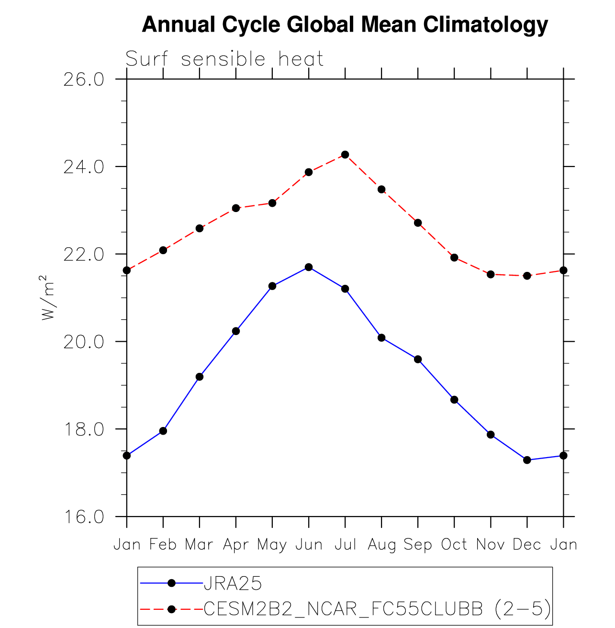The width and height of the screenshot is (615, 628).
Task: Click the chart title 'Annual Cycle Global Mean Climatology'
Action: [345, 24]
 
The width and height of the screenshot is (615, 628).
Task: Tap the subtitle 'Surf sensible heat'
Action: [224, 59]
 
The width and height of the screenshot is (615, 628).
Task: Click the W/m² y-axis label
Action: [48, 298]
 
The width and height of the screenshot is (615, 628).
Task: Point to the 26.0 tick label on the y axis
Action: [84, 79]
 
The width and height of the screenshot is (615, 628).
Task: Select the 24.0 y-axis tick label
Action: [84, 167]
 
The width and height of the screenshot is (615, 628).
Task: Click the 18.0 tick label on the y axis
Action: [84, 429]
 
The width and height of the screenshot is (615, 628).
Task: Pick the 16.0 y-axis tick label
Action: [84, 517]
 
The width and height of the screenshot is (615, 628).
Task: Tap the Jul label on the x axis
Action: [345, 545]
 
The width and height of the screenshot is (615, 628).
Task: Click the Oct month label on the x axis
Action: [454, 545]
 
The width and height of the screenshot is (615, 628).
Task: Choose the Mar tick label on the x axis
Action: [199, 545]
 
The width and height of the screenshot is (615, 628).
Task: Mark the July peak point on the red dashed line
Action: [345, 155]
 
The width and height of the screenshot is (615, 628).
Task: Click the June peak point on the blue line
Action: [309, 267]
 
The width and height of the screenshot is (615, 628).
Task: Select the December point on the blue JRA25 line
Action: [527, 460]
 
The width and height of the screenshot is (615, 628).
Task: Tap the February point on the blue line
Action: [163, 431]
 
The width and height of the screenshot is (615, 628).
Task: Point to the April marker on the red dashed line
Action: [236, 208]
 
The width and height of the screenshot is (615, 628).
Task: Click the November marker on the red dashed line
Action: [491, 274]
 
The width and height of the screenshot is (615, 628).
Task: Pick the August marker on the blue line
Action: [381, 337]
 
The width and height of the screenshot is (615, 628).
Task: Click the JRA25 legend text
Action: [233, 583]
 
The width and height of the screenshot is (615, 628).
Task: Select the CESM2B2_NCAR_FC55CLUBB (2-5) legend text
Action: [377, 609]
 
